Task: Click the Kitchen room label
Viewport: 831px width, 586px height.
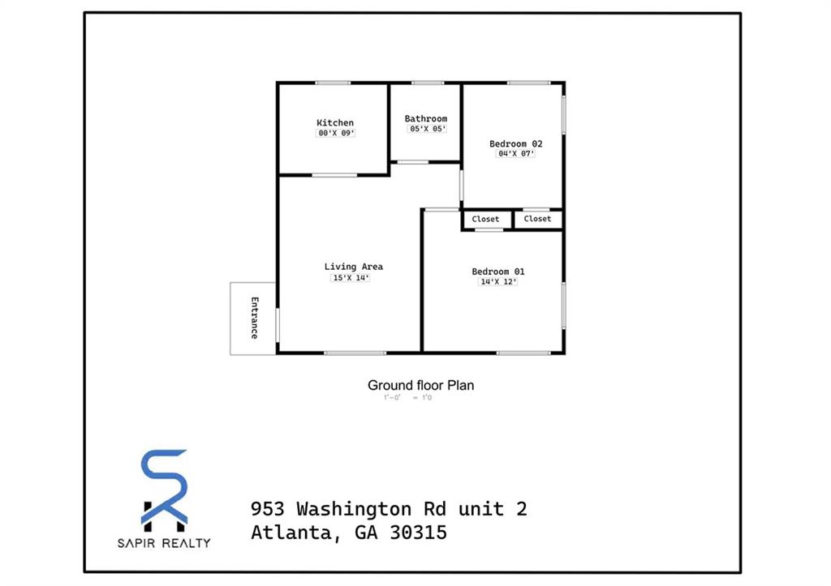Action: [x=335, y=123]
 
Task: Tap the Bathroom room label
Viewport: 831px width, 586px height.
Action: [x=426, y=119]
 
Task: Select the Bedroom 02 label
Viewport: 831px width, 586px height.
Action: [x=516, y=144]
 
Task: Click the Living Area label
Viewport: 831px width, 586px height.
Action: [x=354, y=267]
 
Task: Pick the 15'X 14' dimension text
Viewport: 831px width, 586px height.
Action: [x=351, y=278]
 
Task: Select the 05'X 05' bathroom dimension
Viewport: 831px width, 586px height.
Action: [x=427, y=129]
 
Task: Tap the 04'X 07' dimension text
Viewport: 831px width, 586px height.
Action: [x=516, y=154]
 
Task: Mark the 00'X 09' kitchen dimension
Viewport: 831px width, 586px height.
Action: [x=336, y=133]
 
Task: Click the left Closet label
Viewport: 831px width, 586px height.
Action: [x=486, y=219]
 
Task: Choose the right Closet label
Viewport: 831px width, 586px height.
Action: [x=537, y=219]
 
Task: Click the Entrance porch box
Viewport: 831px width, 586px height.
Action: [x=253, y=318]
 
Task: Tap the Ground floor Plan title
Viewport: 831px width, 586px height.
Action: [x=420, y=386]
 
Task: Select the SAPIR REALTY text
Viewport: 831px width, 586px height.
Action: [x=165, y=543]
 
